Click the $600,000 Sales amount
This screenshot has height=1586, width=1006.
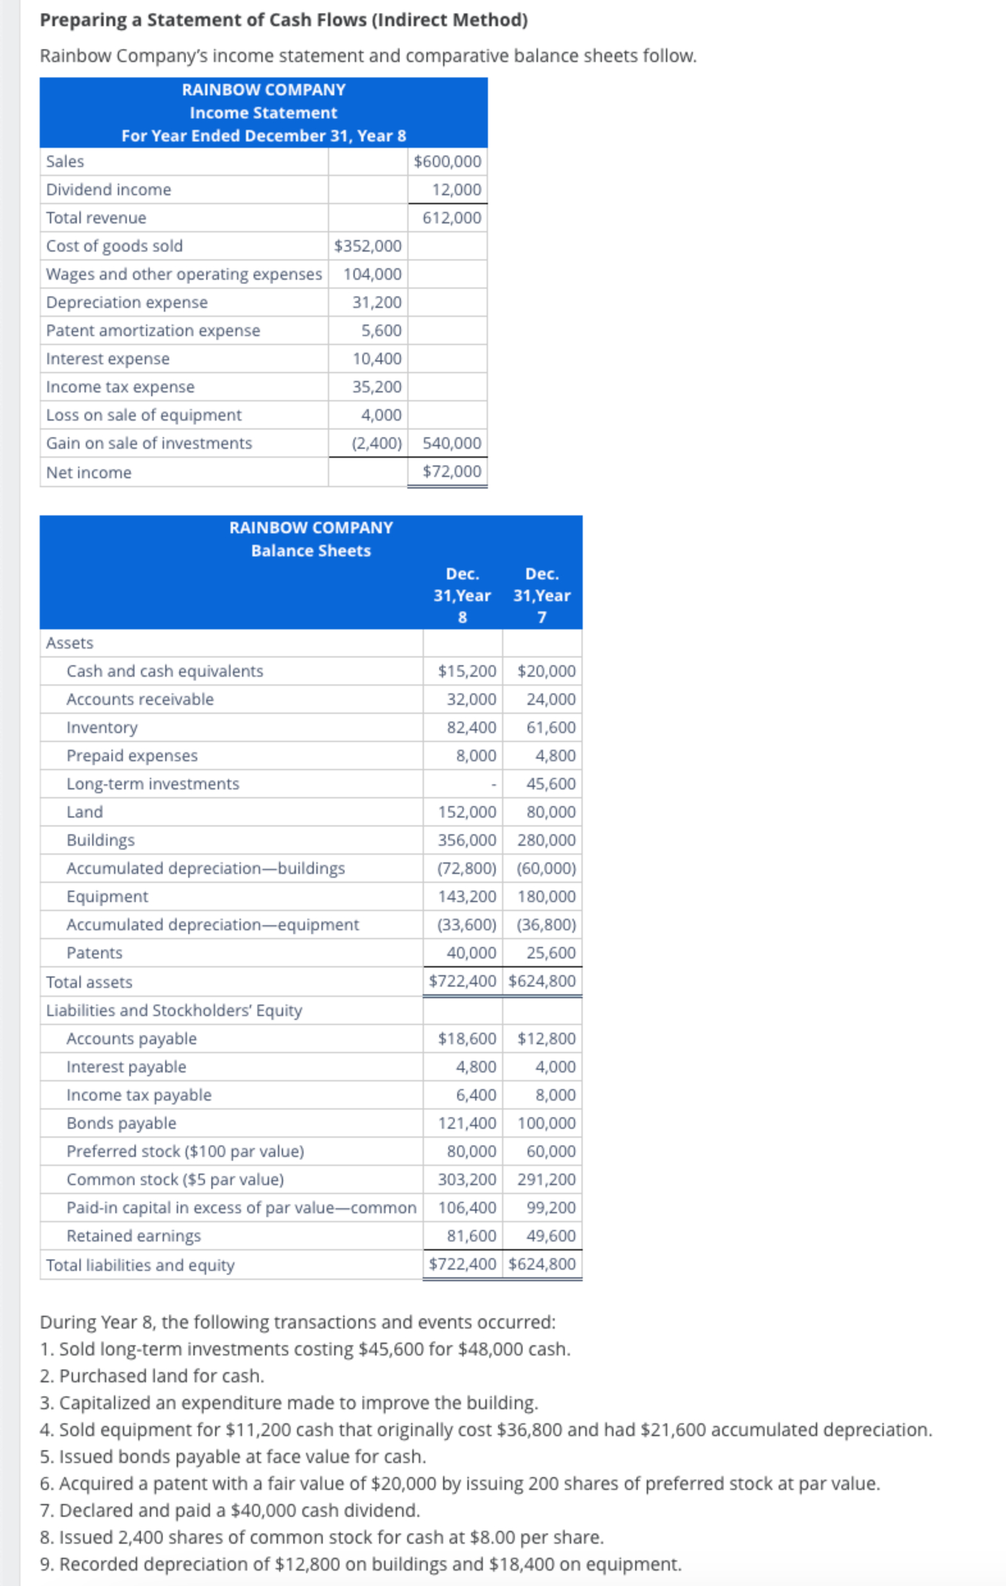448,161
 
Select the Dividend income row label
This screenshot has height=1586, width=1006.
109,190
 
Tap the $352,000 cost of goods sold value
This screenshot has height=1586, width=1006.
368,247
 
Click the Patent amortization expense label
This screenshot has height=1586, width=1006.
153,330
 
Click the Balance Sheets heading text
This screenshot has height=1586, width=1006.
311,551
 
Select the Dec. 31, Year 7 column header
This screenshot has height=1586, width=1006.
542,595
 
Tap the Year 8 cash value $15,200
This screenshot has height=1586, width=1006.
466,671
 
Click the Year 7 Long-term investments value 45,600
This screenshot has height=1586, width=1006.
551,784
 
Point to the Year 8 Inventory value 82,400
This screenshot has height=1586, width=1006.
471,728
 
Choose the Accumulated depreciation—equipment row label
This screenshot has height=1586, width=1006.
212,925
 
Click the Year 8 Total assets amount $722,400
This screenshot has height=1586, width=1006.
462,981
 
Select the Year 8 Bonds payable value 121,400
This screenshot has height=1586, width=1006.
466,1123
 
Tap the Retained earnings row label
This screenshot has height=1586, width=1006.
134,1236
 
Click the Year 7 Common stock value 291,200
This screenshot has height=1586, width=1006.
546,1179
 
